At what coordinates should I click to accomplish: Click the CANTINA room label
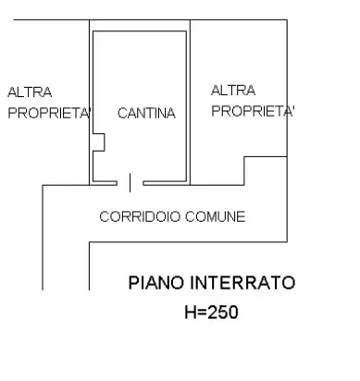click(x=146, y=114)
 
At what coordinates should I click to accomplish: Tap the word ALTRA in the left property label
click(x=30, y=92)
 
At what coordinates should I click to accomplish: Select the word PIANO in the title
click(x=150, y=282)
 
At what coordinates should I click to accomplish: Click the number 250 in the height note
click(x=223, y=313)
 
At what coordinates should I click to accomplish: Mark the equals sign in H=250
click(x=203, y=313)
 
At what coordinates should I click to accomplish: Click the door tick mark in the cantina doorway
click(x=130, y=182)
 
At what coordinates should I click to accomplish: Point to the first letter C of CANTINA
click(x=122, y=114)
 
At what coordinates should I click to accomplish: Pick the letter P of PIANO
click(x=132, y=282)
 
